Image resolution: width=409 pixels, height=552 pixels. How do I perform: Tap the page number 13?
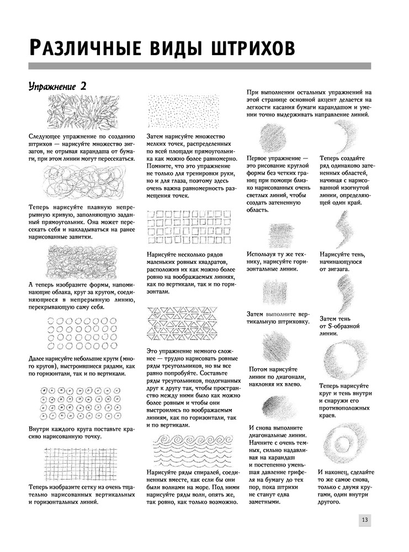[x=365, y=521]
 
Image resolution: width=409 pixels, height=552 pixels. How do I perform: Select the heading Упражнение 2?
[x=57, y=86]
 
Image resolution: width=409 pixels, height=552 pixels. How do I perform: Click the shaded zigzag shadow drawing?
[x=344, y=230]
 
